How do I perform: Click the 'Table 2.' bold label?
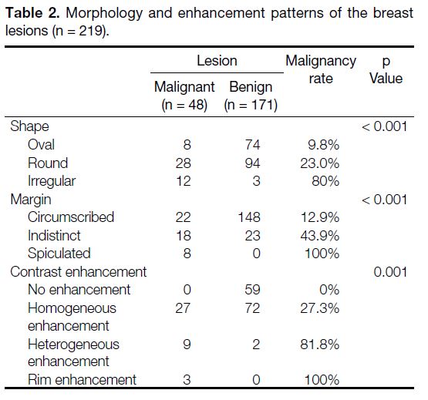point(32,13)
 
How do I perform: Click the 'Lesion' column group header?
point(217,61)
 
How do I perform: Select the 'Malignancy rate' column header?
point(321,69)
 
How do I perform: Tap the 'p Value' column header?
point(386,70)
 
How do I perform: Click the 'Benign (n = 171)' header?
point(251,96)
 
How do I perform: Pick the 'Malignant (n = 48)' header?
point(184,96)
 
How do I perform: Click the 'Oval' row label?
point(41,144)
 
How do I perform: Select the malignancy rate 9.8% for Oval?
point(324,145)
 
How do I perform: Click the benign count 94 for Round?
point(252,163)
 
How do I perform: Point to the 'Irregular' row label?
point(52,181)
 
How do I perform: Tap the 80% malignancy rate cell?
point(325,181)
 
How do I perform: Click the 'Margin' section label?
point(31,200)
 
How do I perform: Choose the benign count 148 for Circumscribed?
point(249,217)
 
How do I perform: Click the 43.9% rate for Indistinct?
point(320,236)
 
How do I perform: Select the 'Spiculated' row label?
point(59,254)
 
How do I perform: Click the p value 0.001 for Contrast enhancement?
point(390,272)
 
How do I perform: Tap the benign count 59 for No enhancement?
point(252,290)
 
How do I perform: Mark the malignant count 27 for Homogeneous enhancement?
point(183,308)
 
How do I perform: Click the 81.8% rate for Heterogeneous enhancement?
point(320,345)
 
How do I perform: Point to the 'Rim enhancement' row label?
point(82,380)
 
